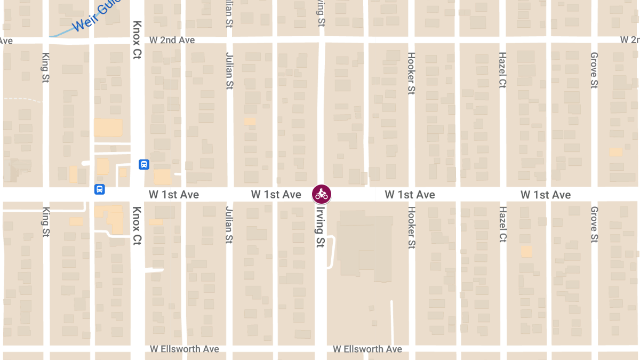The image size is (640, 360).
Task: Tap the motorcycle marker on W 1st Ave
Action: pyautogui.click(x=322, y=194)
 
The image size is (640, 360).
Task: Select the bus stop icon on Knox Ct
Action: pyautogui.click(x=143, y=164)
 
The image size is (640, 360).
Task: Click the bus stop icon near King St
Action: pyautogui.click(x=100, y=189)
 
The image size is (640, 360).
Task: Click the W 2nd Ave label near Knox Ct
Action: pyautogui.click(x=172, y=40)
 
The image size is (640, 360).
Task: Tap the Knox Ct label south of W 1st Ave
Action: pyautogui.click(x=137, y=226)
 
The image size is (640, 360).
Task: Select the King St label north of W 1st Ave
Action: pyautogui.click(x=45, y=67)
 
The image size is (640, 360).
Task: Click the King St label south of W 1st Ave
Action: pyautogui.click(x=45, y=222)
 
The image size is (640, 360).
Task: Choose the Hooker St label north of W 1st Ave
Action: pyautogui.click(x=411, y=74)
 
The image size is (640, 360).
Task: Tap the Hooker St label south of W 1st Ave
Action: pyautogui.click(x=411, y=228)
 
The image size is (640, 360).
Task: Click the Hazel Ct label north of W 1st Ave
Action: pyautogui.click(x=502, y=70)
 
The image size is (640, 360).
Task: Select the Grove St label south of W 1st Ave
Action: pyautogui.click(x=594, y=225)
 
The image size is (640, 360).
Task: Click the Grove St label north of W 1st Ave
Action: pyautogui.click(x=594, y=70)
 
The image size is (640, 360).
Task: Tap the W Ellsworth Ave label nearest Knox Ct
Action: pyautogui.click(x=185, y=349)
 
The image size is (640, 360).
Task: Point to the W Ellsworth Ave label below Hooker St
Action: pyautogui.click(x=367, y=349)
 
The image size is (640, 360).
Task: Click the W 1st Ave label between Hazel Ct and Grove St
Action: pyautogui.click(x=546, y=195)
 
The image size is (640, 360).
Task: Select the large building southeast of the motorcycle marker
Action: pyautogui.click(x=363, y=245)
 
